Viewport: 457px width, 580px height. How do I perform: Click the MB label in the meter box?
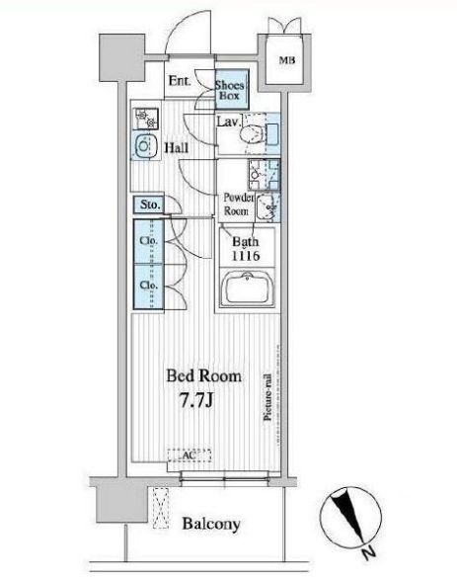286,60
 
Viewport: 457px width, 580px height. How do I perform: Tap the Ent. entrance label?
180,81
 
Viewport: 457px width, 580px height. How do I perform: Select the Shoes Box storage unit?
231,89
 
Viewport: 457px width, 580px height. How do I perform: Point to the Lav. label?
229,122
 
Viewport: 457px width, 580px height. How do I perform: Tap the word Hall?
177,148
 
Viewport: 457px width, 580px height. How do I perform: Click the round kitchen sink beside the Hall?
146,145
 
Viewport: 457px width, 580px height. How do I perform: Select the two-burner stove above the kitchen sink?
146,119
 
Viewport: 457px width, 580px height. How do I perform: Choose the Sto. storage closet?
148,205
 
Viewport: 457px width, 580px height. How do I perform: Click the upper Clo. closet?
148,241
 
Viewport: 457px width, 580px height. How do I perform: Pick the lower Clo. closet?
148,287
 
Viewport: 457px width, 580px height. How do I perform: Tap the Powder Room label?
239,205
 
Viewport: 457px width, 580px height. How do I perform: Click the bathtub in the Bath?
247,288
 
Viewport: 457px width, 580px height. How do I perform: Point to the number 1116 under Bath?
246,256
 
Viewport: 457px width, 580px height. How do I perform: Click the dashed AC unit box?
190,456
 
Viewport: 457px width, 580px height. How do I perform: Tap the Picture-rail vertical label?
267,397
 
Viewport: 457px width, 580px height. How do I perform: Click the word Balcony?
211,524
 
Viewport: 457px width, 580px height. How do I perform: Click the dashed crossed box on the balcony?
161,508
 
